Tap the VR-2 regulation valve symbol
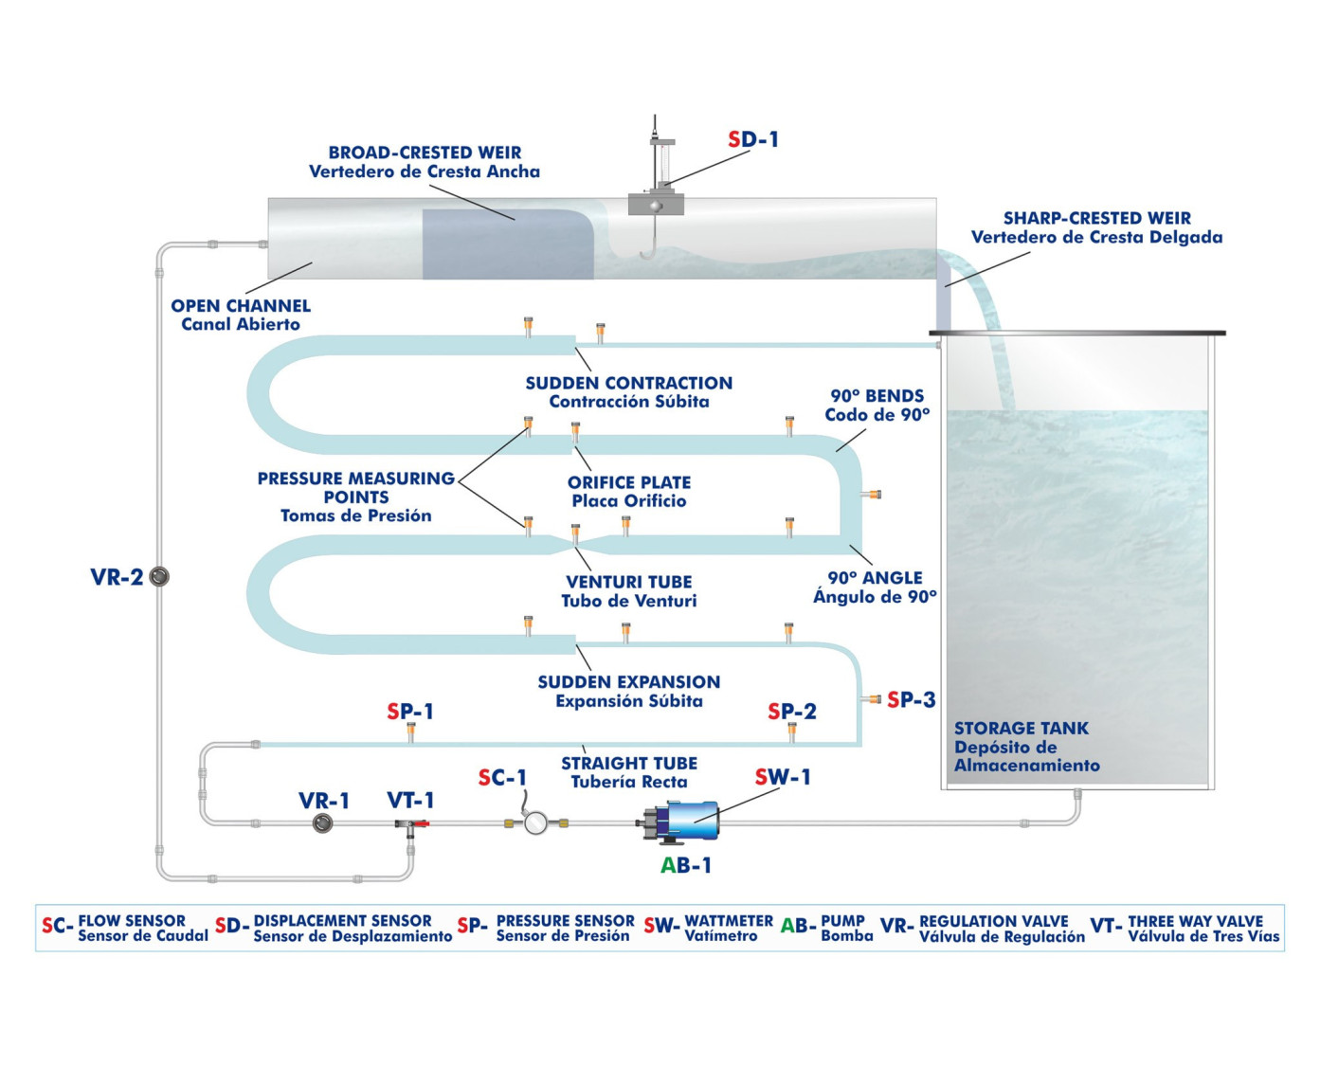[159, 576]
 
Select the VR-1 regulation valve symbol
[323, 823]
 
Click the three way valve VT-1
[410, 825]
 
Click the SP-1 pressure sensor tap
[410, 732]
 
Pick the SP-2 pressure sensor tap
[792, 732]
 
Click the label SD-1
[753, 139]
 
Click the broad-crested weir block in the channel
[502, 244]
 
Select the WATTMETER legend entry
[728, 928]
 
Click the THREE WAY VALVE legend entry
[1195, 928]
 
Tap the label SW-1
[783, 777]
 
